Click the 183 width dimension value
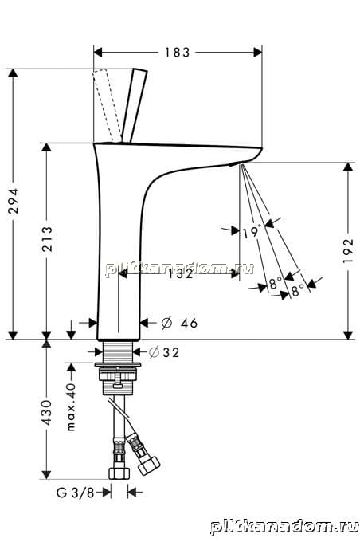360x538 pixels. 177,53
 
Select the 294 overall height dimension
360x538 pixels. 14,201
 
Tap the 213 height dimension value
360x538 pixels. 47,239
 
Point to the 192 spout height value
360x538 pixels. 348,251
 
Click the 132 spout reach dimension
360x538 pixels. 181,274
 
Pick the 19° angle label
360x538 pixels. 252,232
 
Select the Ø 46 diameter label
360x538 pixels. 179,323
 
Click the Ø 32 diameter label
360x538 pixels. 164,352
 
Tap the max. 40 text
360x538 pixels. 72,407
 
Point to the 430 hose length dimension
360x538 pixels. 46,412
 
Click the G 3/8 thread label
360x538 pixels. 75,493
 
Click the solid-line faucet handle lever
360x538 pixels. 135,106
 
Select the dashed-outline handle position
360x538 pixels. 107,105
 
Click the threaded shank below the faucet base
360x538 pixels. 118,351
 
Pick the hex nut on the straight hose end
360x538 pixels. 119,473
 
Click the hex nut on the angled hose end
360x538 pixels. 148,465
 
